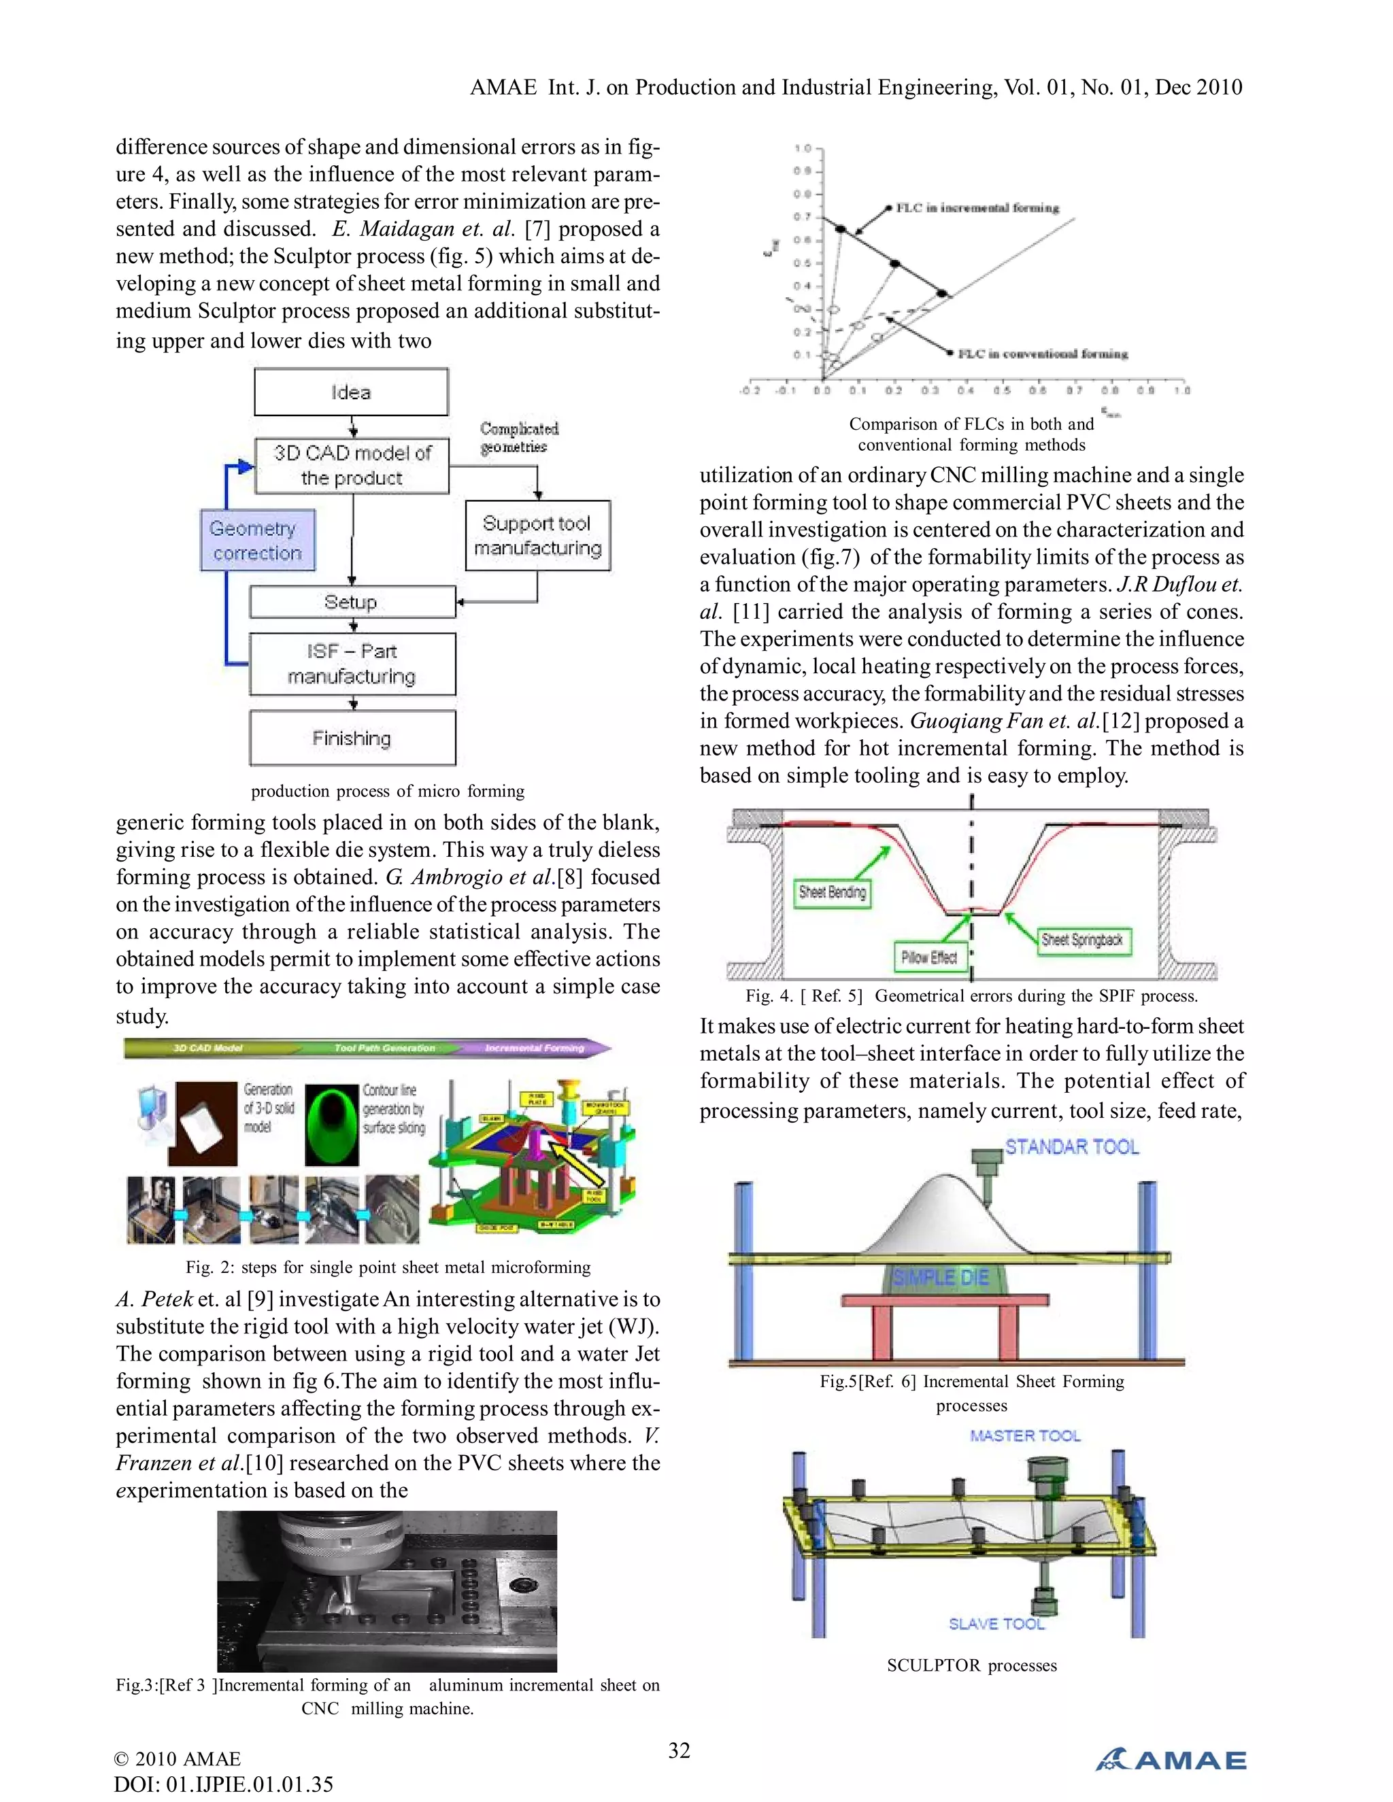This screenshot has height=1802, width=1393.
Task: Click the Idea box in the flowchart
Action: tap(351, 392)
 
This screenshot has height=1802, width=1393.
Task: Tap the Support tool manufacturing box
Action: tap(537, 535)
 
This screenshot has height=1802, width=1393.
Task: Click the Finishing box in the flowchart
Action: tap(352, 738)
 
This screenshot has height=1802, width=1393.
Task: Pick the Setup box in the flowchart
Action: tap(352, 602)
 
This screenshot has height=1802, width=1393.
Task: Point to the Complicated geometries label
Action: tap(518, 437)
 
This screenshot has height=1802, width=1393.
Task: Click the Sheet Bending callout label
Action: tap(832, 892)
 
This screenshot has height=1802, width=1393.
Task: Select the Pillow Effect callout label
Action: tap(929, 957)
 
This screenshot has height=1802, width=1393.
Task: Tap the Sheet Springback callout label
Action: tap(1082, 940)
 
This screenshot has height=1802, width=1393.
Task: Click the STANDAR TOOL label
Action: tap(1071, 1147)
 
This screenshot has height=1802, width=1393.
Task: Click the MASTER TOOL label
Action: tap(1025, 1435)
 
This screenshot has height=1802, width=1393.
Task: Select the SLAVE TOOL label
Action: tap(996, 1624)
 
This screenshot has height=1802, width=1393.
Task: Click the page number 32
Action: tap(679, 1750)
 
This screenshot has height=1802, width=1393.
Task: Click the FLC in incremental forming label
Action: tap(977, 208)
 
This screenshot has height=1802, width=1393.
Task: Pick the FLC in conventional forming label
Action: tap(1042, 354)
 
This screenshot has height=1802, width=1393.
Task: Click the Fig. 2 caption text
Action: tap(388, 1268)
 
